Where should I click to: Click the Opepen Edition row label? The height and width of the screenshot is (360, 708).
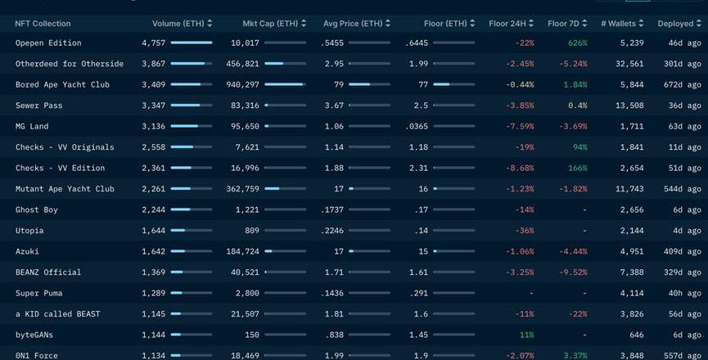pos(48,43)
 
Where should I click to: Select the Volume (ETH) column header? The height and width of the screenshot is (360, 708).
pos(178,24)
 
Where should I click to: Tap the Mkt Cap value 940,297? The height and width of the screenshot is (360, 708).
pos(242,84)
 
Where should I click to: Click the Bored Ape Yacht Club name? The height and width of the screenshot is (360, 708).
pos(62,84)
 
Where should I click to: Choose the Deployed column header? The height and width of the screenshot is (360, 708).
pos(676,24)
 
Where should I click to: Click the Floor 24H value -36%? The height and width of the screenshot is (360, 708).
pos(524,231)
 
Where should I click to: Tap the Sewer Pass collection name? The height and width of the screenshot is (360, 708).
pos(38,106)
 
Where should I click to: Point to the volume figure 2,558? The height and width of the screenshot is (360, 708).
pos(153,147)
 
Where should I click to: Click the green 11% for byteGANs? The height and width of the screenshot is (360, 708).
pos(526,335)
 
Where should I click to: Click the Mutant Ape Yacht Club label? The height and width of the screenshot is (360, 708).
pos(65,189)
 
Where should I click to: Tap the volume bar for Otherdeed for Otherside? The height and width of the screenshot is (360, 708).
pos(192,64)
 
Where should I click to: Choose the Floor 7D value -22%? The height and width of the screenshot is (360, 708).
pos(578,314)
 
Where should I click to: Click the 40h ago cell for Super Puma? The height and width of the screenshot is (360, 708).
pos(683,293)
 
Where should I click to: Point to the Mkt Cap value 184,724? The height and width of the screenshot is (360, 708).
pos(242,251)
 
